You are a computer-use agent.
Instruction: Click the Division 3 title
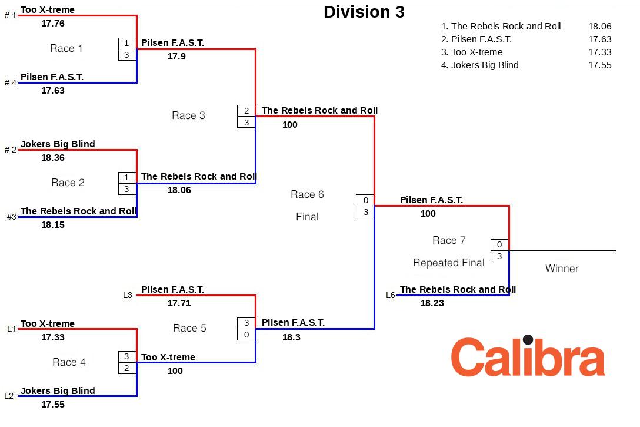pyautogui.click(x=364, y=12)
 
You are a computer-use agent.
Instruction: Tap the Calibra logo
pyautogui.click(x=528, y=357)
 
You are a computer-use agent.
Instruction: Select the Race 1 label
pyautogui.click(x=66, y=48)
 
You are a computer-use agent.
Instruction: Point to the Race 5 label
pyautogui.click(x=189, y=328)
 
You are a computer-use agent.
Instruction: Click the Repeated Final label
pyautogui.click(x=448, y=263)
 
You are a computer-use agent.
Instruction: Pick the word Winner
pyautogui.click(x=562, y=269)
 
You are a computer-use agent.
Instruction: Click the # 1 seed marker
pyautogui.click(x=11, y=15)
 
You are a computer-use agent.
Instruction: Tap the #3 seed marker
pyautogui.click(x=11, y=217)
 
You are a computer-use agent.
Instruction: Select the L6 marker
pyautogui.click(x=391, y=295)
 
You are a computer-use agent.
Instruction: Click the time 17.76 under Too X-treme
pyautogui.click(x=53, y=24)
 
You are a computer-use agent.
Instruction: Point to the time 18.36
pyautogui.click(x=53, y=158)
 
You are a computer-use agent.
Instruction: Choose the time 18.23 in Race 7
pyautogui.click(x=432, y=303)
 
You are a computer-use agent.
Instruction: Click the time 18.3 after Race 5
pyautogui.click(x=291, y=337)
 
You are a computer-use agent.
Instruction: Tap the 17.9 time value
pyautogui.click(x=176, y=57)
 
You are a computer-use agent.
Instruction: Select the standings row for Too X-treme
pyautogui.click(x=472, y=52)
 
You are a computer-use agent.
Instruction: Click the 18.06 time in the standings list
pyautogui.click(x=599, y=27)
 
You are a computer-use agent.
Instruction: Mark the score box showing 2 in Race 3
pyautogui.click(x=246, y=111)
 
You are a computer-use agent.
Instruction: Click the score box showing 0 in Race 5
pyautogui.click(x=246, y=335)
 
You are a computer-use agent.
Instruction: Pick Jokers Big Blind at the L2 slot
pyautogui.click(x=58, y=390)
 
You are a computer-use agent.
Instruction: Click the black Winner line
pyautogui.click(x=562, y=250)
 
